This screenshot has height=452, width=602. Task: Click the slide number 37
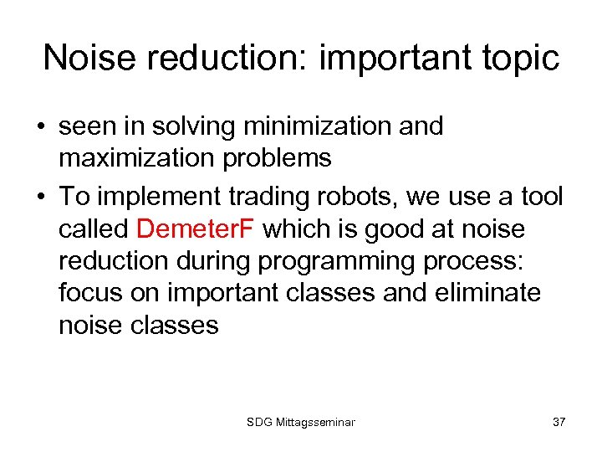coord(559,422)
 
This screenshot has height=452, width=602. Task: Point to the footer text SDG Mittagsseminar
coord(301,422)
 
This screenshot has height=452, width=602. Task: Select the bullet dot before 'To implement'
coord(40,198)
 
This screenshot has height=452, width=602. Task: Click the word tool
coord(541,197)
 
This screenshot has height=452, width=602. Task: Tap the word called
coord(90,228)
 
